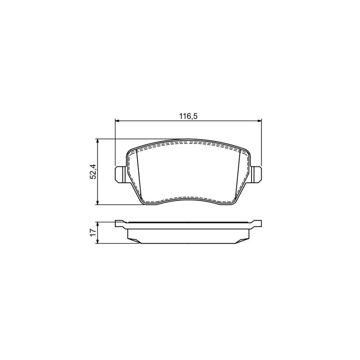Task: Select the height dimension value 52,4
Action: click(93, 172)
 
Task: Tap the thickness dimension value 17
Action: click(93, 232)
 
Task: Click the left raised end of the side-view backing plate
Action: click(119, 224)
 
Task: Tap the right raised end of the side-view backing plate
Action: click(257, 223)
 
